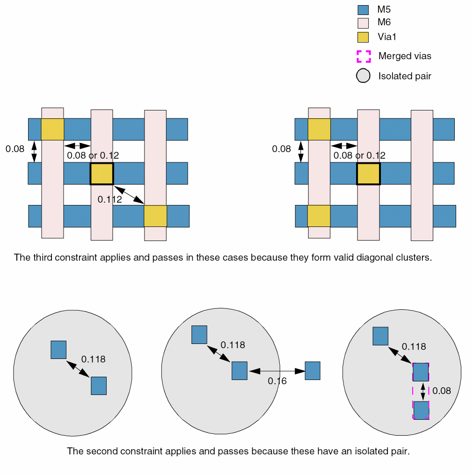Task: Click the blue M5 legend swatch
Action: point(364,10)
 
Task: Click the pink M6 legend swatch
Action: point(364,23)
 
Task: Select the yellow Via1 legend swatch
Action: point(364,37)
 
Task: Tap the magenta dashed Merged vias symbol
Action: point(364,57)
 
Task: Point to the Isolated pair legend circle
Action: point(364,76)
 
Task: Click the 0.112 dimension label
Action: point(110,199)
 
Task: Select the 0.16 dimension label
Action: point(277,381)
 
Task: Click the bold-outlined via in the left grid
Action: point(102,174)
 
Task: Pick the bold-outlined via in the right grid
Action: point(369,174)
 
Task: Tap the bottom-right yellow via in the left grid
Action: point(155,216)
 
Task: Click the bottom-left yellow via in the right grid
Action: point(319,216)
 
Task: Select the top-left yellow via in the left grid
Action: point(52,129)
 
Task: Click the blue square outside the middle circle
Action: point(313,371)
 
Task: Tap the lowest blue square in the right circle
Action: point(421,410)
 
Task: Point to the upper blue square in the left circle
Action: point(58,350)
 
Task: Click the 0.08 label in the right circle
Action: point(442,391)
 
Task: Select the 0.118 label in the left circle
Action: point(94,359)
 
